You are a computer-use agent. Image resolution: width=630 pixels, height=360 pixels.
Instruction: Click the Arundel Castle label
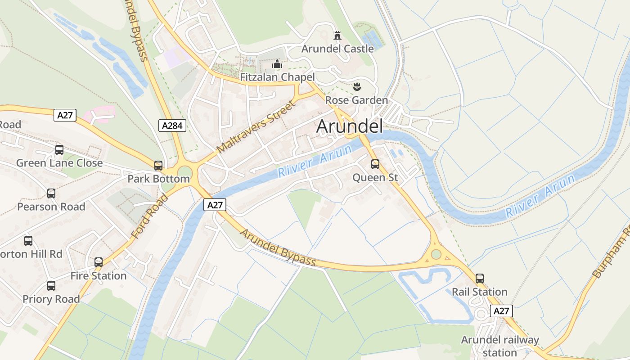[337, 49]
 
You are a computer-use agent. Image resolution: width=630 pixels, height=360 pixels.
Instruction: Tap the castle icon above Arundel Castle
[337, 35]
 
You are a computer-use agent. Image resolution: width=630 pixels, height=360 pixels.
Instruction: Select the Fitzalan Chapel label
[277, 77]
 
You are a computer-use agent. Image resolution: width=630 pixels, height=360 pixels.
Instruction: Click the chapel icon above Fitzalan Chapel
[277, 64]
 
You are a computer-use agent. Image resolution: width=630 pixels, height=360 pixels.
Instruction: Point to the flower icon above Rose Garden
[357, 86]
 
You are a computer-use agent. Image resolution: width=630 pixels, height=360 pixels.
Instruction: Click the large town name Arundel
[350, 126]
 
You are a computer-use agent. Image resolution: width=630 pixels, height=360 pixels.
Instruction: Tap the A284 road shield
[172, 126]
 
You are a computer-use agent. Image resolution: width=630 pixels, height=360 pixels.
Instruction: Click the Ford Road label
[149, 216]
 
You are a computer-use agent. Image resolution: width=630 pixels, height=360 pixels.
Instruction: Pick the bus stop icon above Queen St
[375, 164]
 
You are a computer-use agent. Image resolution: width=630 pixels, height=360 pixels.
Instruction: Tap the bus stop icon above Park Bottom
[158, 166]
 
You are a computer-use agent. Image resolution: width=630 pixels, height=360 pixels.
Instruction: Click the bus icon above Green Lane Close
[59, 150]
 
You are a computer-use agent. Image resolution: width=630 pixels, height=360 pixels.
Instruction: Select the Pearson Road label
[51, 207]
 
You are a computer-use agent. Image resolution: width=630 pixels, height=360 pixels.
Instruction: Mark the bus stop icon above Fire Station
[99, 262]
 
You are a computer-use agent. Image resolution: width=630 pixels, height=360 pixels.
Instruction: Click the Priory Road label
[51, 299]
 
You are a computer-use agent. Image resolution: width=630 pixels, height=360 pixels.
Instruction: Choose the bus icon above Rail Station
[480, 279]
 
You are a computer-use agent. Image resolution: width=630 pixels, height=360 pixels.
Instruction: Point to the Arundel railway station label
[499, 346]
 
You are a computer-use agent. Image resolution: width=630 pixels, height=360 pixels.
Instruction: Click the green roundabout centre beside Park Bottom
[184, 171]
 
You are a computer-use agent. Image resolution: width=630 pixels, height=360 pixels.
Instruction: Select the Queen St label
[375, 178]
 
